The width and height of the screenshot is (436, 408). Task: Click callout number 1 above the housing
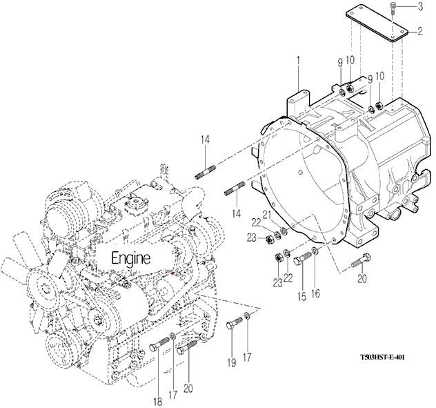(x=298, y=61)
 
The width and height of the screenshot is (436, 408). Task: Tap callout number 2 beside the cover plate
(x=420, y=31)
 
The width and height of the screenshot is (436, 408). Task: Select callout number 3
(x=420, y=6)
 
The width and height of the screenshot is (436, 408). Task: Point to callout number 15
(x=302, y=297)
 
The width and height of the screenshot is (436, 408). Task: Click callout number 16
(x=315, y=293)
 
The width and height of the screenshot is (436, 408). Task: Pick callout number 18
(x=158, y=402)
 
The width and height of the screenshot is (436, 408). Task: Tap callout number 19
(x=231, y=362)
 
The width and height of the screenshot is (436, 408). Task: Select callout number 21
(x=267, y=215)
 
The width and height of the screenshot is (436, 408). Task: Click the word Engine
(x=131, y=258)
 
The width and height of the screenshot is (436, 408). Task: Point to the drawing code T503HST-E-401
(x=382, y=357)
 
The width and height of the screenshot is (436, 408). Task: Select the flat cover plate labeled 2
(x=377, y=23)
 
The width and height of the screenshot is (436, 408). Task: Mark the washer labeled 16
(x=315, y=251)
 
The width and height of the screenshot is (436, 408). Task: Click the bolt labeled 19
(x=235, y=323)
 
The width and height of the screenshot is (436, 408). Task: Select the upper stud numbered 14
(x=206, y=173)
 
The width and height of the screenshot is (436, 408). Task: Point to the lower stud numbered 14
(x=235, y=188)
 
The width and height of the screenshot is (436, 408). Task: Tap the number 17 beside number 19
(x=247, y=357)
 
